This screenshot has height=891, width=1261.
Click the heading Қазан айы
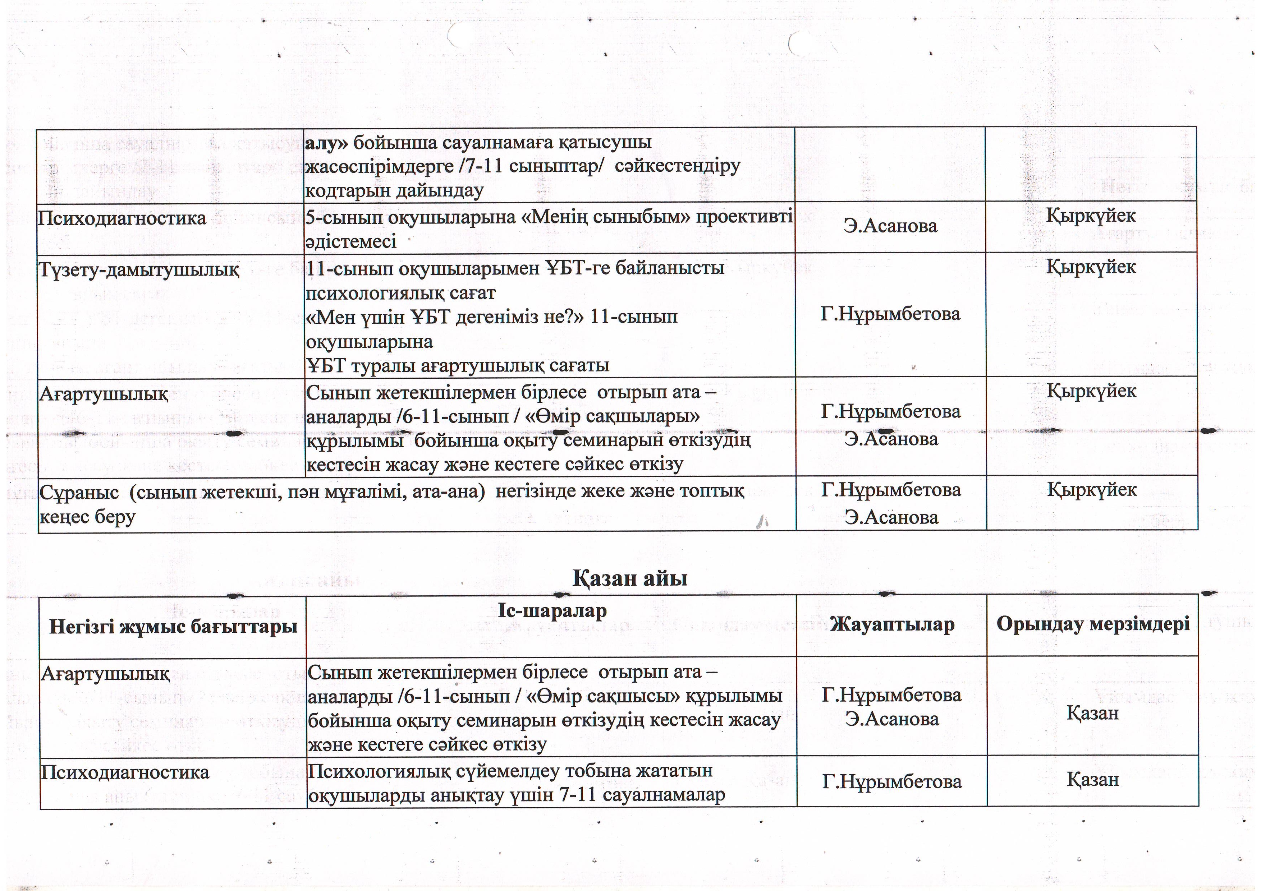630,578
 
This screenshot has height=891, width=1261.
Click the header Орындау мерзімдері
1092,624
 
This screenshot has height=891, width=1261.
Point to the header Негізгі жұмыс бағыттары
173,626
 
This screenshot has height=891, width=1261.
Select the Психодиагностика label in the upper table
121,218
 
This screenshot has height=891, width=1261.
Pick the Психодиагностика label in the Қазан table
125,772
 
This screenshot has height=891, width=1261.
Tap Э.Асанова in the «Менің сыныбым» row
890,226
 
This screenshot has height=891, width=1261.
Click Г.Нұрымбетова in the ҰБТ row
890,314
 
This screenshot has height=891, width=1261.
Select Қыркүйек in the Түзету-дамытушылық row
1091,267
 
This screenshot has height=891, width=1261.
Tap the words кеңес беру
87,517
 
